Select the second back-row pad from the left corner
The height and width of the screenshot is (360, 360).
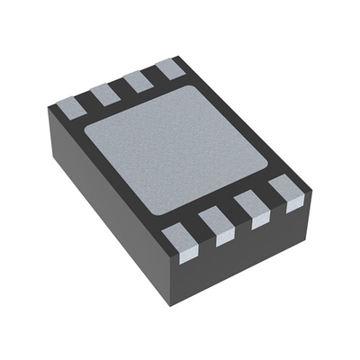tap(104, 93)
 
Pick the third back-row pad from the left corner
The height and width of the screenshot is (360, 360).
tap(137, 80)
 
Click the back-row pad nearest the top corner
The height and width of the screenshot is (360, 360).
tap(168, 67)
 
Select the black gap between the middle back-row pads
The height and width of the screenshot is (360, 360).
tap(121, 87)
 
